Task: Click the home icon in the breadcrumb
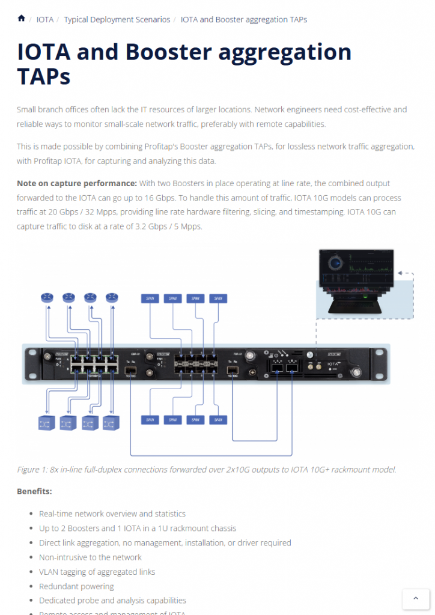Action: [22, 19]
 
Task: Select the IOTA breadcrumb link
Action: [45, 20]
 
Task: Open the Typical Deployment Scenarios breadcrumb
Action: [117, 20]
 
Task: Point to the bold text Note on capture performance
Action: [77, 183]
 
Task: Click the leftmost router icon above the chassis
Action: [47, 297]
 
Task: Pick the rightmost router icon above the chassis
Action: [112, 297]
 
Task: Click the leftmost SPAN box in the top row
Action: [150, 298]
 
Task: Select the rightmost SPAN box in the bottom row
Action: [218, 420]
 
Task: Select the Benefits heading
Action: [34, 491]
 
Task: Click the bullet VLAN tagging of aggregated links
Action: [97, 571]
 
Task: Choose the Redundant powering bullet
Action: [76, 586]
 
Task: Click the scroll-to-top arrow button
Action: [416, 598]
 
